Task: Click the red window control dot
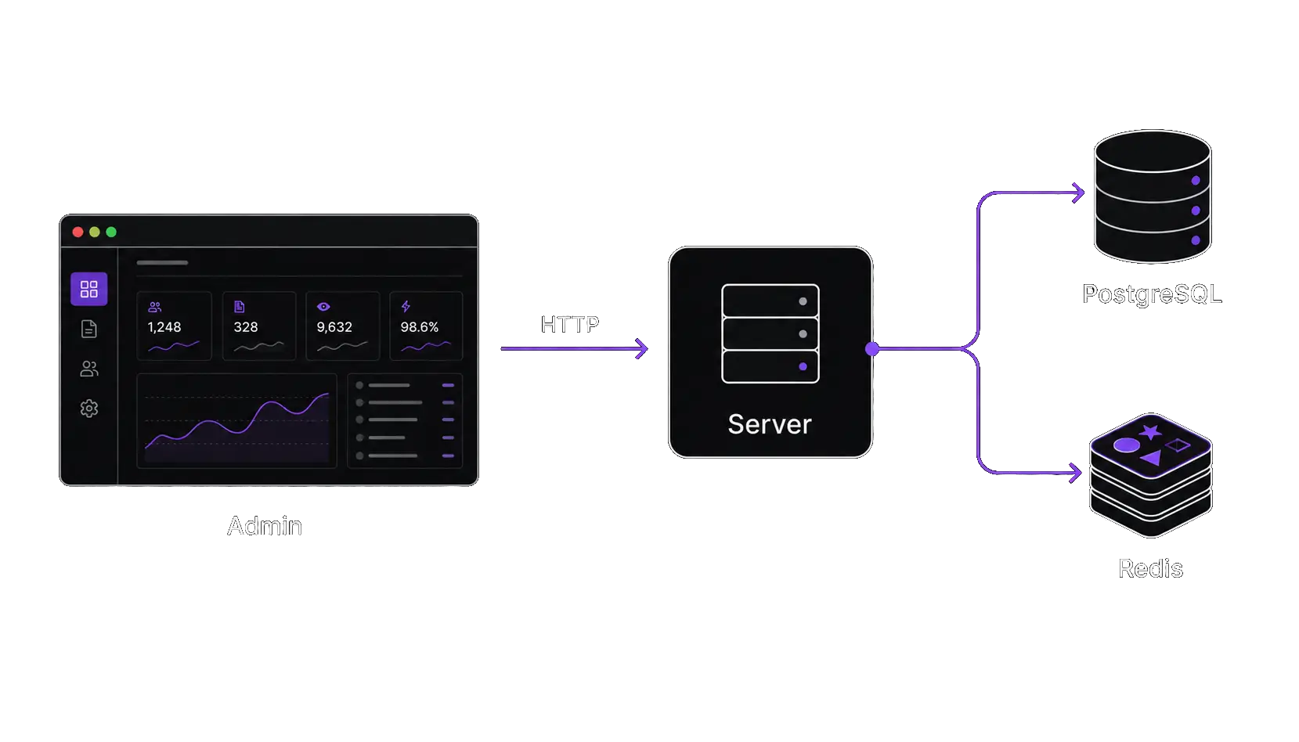78,232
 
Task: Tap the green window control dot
111,232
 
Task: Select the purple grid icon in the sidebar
88,289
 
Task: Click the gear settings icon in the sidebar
88,409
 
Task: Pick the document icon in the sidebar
88,329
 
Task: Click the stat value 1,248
164,327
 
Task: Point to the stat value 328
246,327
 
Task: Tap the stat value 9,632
334,327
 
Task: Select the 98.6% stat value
419,327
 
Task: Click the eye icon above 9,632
323,307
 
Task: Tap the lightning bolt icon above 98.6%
406,306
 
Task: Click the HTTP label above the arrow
569,325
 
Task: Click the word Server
770,424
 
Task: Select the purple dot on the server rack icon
803,366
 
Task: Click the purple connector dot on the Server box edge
872,348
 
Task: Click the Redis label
1150,569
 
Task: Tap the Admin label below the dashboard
265,526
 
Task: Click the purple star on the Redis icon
1150,432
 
